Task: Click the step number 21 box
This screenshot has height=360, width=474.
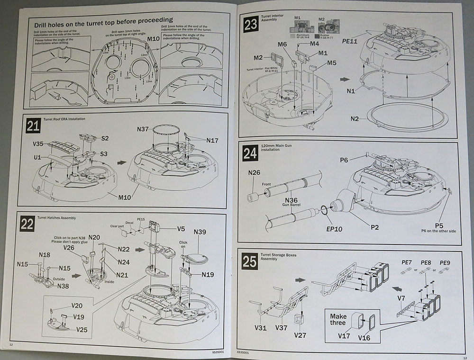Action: click(x=33, y=126)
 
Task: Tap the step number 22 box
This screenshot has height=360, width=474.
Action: click(x=27, y=224)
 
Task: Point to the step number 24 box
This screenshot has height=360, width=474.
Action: click(x=250, y=154)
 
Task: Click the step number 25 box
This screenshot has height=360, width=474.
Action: click(x=249, y=261)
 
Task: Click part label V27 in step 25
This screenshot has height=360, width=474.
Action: click(x=300, y=335)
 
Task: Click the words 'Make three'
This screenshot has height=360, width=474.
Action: click(x=338, y=319)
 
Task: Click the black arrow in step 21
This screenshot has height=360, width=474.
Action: click(x=122, y=162)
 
